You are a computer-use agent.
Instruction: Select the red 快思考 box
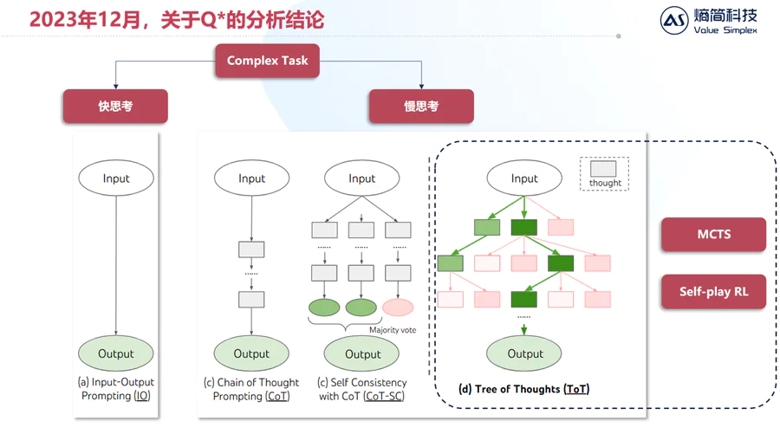(114, 107)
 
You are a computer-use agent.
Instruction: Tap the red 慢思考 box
(421, 107)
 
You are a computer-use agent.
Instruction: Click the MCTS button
(713, 235)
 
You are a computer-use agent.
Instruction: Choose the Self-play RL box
(713, 292)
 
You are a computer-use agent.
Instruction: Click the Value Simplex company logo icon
(674, 22)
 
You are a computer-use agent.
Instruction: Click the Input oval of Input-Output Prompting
(116, 178)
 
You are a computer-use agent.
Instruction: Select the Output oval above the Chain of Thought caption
(251, 353)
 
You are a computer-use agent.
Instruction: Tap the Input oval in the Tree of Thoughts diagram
(524, 178)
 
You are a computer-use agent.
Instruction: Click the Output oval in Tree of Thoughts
(524, 353)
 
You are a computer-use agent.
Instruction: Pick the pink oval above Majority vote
(398, 308)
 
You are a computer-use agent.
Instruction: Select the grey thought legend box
(604, 169)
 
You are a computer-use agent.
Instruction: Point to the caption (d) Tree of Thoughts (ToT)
(523, 389)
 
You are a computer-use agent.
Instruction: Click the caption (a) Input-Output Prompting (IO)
(116, 389)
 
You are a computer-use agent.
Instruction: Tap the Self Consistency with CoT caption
(362, 389)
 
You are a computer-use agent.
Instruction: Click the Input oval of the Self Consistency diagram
(362, 178)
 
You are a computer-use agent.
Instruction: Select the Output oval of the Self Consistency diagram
(362, 353)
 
